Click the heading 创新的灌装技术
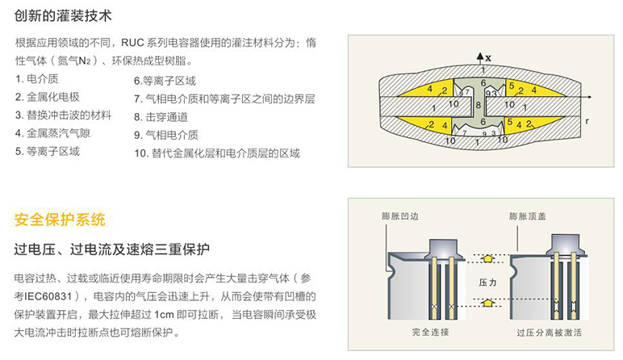(63, 16)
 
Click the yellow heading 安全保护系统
(60, 220)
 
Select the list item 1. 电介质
(37, 79)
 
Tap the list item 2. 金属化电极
(48, 97)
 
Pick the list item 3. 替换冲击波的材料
(63, 115)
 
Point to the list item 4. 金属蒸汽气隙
(52, 133)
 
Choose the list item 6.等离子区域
(165, 81)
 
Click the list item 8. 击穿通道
(161, 117)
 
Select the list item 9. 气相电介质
(166, 135)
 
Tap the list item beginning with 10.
(217, 153)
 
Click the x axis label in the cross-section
(488, 58)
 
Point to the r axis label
(587, 121)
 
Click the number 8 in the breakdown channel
(479, 105)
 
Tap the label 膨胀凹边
(400, 216)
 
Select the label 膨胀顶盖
(528, 216)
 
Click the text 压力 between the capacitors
(488, 283)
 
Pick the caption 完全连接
(431, 332)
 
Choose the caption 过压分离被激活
(549, 333)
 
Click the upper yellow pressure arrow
(488, 258)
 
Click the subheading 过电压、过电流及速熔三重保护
(112, 249)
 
